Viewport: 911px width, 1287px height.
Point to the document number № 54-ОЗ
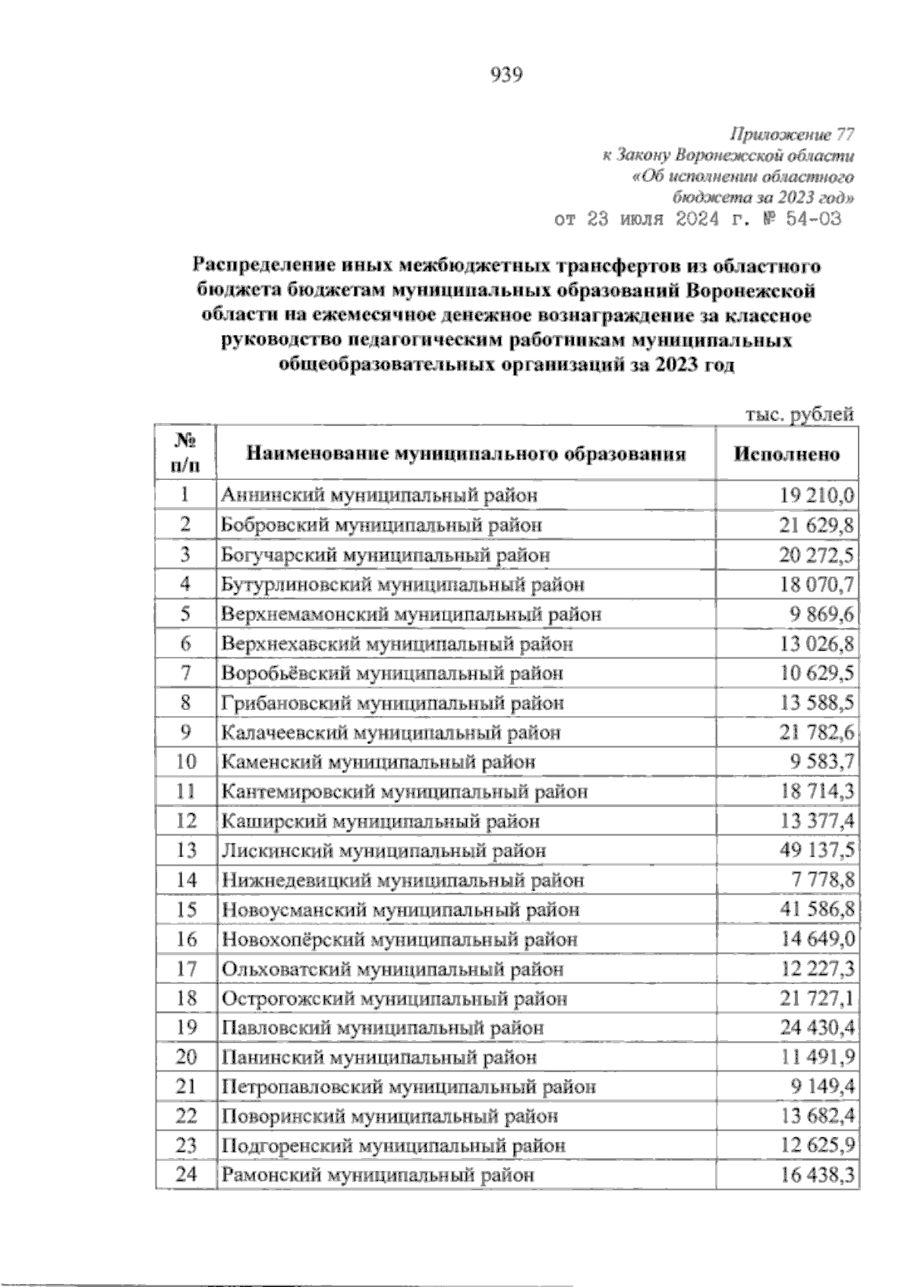coord(793,219)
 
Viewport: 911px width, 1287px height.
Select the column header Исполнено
coord(787,454)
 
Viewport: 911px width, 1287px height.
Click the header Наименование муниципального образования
coord(465,454)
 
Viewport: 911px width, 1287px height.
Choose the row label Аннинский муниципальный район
coord(380,496)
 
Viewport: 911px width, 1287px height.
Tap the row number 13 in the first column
coord(186,850)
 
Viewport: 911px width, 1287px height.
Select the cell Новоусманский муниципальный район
coord(400,910)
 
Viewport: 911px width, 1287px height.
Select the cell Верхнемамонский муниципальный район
coord(411,614)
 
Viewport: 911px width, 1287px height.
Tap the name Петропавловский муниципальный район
coord(408,1087)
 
